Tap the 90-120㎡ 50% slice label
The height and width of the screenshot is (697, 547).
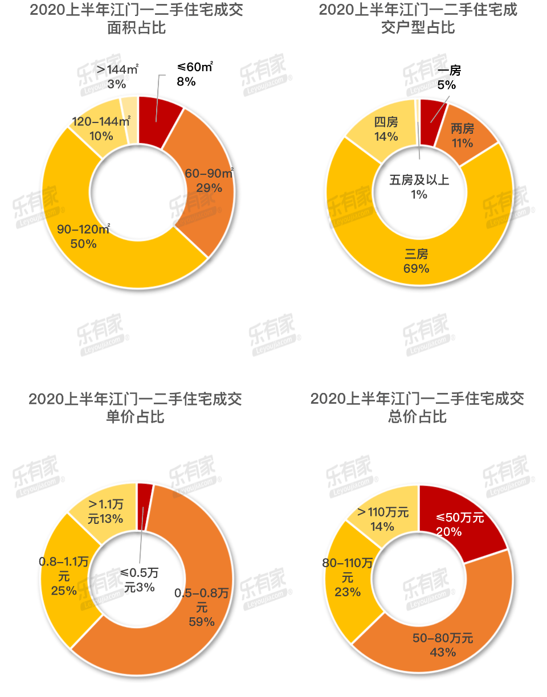tap(83, 236)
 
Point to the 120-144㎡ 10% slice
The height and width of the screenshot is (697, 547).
tap(98, 129)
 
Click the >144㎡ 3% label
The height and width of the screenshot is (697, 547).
tap(117, 76)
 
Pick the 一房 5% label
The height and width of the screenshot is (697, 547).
tap(447, 77)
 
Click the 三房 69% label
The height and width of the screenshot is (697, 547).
tap(417, 261)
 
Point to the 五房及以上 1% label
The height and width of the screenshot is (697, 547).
tap(419, 187)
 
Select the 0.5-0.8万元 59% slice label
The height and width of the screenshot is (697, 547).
tap(202, 607)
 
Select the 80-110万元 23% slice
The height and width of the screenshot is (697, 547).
tap(349, 577)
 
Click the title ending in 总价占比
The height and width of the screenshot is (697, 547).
tap(417, 407)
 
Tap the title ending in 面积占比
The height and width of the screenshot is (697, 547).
tap(136, 18)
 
